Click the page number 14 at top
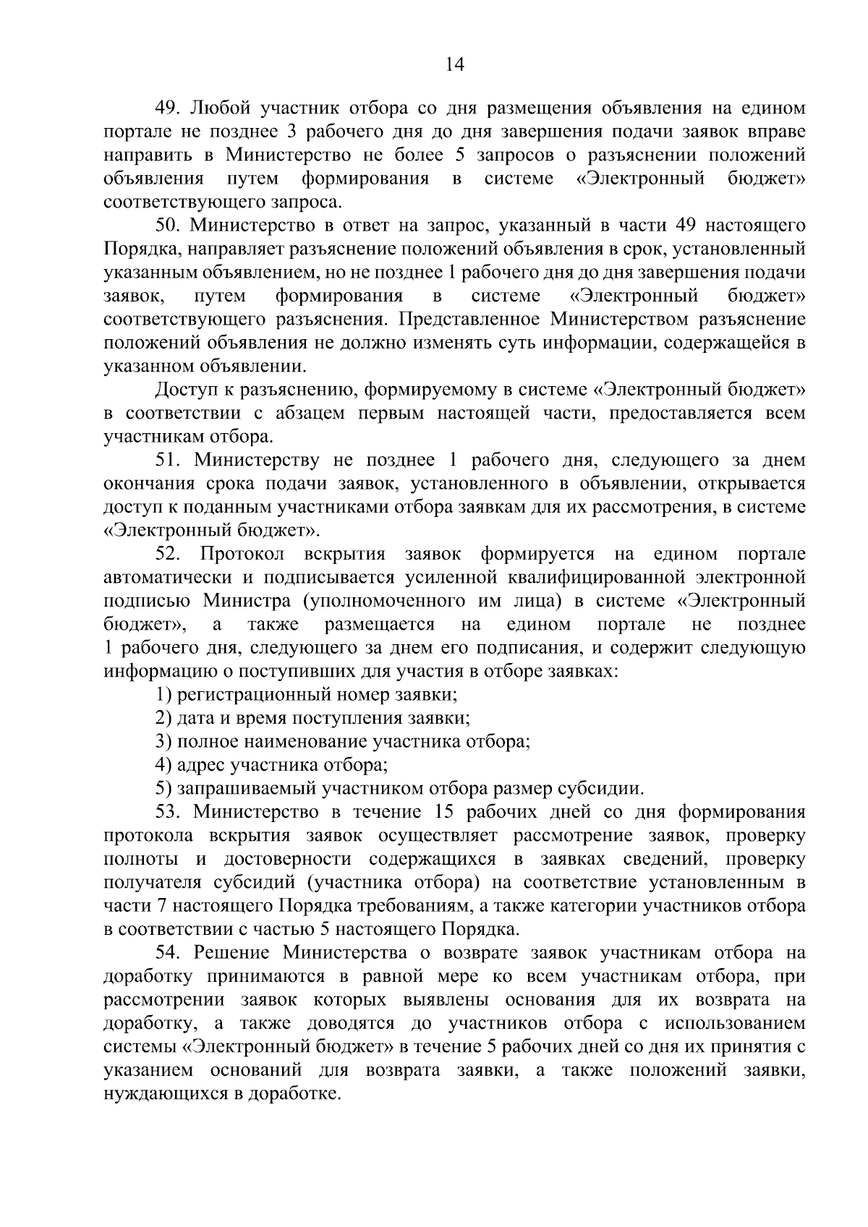tap(454, 64)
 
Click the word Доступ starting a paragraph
tap(182, 390)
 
